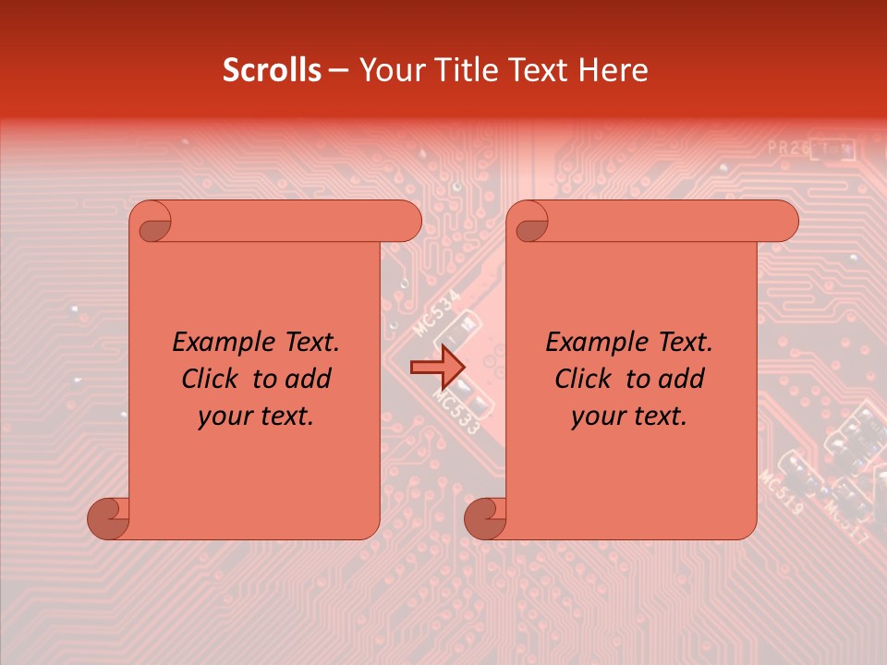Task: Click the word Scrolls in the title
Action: click(x=273, y=70)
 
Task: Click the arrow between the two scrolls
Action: click(x=434, y=368)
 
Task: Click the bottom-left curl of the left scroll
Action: click(x=109, y=518)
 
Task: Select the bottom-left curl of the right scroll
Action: click(x=486, y=518)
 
